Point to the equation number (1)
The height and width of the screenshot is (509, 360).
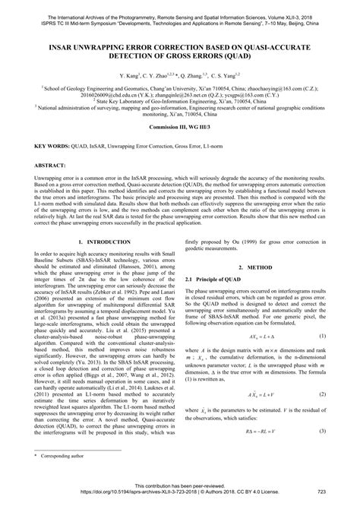click(323, 335)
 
